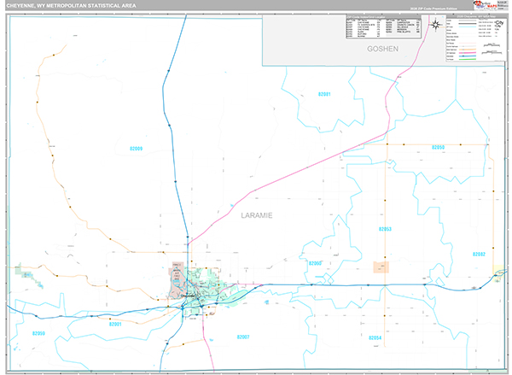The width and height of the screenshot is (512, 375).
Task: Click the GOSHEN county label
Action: [x=382, y=50]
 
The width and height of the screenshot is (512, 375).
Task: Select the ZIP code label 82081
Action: [x=323, y=93]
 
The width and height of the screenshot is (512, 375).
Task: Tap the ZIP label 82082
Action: [x=478, y=254]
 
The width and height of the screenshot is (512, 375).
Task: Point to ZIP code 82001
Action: [x=116, y=324]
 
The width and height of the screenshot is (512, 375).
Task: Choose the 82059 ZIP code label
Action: [x=38, y=333]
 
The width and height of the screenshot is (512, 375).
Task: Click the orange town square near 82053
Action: [x=381, y=267]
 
